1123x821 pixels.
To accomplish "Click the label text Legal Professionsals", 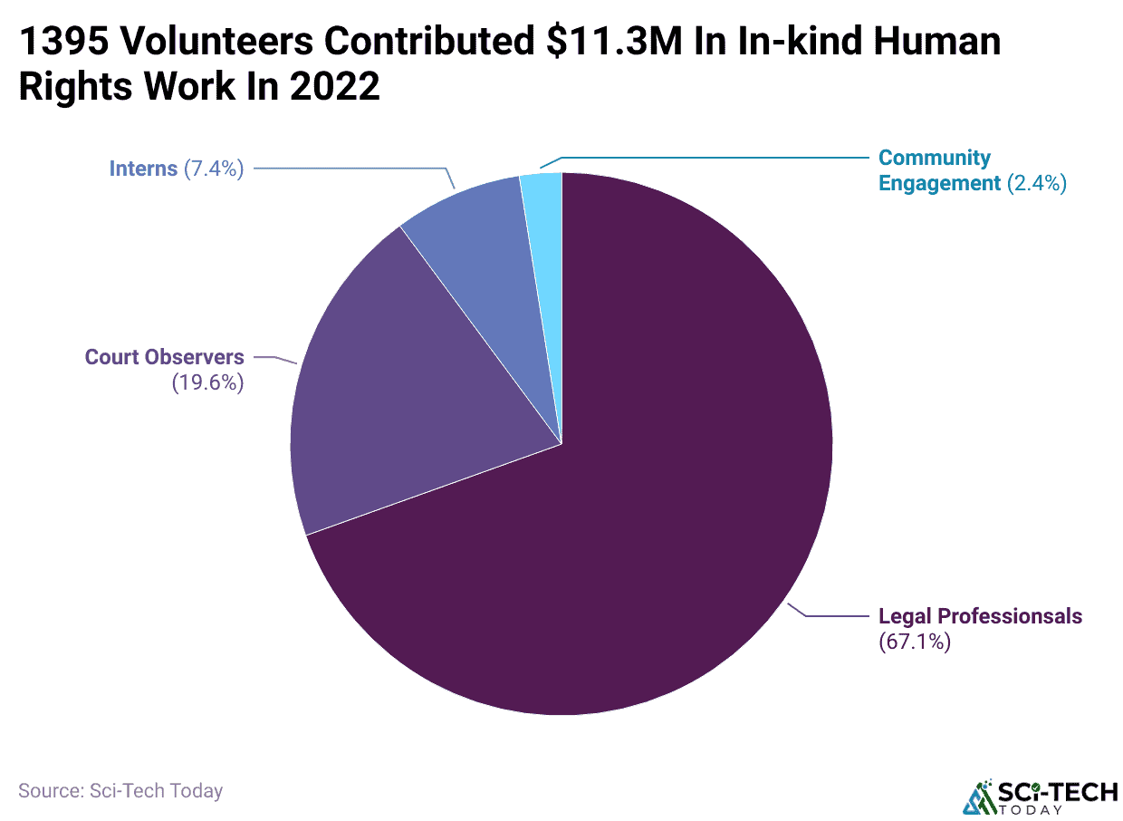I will pos(980,616).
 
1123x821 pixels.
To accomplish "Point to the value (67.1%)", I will pos(914,642).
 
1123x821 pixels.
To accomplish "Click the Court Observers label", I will pos(164,357).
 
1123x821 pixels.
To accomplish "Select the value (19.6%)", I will pos(207,382).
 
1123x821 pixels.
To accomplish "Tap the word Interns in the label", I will pos(143,169).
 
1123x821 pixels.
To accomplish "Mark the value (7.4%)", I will pos(214,169).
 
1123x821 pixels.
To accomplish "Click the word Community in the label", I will pos(935,158).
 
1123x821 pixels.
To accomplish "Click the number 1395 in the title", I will pos(60,42).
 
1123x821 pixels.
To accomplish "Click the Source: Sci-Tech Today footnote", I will pos(120,790).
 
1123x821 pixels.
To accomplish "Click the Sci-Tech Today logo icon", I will pos(977,796).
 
